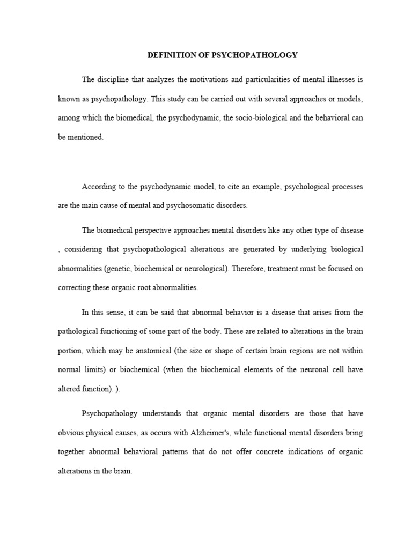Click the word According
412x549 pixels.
coord(99,187)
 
